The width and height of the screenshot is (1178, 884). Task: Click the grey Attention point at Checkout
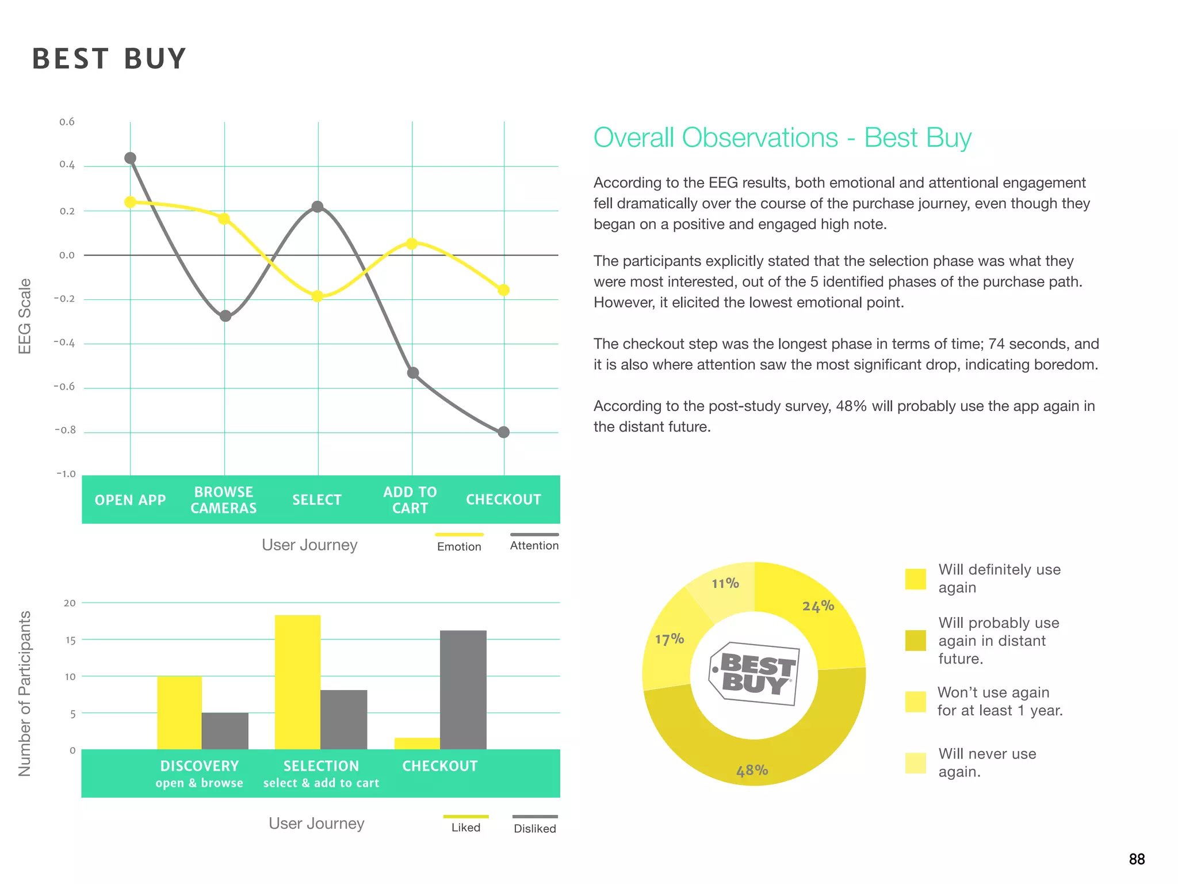503,432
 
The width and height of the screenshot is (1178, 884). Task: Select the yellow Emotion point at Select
317,296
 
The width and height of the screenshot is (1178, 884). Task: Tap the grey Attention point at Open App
131,158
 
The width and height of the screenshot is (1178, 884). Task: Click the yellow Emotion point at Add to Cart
411,243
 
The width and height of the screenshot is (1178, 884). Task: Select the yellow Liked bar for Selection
297,682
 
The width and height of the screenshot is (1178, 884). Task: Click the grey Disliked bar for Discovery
225,731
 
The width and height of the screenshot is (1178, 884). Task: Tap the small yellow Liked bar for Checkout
417,743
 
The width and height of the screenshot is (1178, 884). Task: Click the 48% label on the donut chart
752,770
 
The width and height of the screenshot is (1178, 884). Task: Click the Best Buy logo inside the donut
754,673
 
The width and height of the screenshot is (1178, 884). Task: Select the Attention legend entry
534,545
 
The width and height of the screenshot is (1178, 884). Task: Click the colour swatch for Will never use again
915,763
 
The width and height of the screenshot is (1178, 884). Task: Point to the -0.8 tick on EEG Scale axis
65,430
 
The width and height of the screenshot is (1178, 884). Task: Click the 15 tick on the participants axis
70,640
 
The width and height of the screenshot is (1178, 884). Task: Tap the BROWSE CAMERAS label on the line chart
224,500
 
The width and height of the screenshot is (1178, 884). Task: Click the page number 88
1137,859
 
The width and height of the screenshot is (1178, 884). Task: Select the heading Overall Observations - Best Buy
782,138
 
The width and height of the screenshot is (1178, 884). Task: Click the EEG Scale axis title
24,316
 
